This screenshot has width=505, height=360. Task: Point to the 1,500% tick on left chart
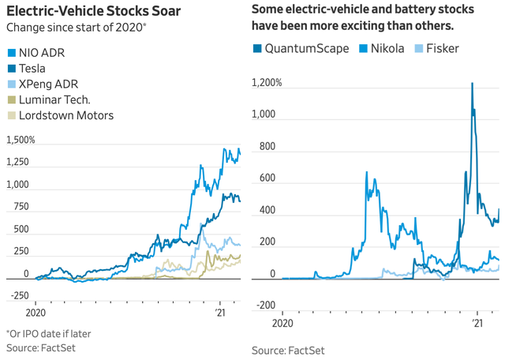(21, 140)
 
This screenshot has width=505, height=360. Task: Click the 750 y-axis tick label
(18, 207)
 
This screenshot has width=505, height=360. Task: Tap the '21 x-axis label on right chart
(477, 324)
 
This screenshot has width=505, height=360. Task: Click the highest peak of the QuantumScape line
(472, 83)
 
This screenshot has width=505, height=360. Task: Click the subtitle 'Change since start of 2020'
(72, 28)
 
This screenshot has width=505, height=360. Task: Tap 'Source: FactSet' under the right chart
(288, 350)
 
